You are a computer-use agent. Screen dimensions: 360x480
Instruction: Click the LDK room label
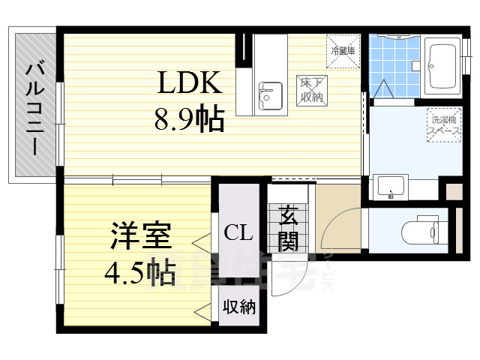coord(187,83)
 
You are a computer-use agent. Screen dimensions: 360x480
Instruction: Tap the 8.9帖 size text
coord(189,118)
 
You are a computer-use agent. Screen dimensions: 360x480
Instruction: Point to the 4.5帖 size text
coord(139,269)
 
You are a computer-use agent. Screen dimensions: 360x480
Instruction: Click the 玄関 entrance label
coord(288,228)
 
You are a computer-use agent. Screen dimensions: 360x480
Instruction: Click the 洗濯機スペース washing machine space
coord(444,124)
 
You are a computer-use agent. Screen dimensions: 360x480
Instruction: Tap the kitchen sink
coord(268,96)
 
